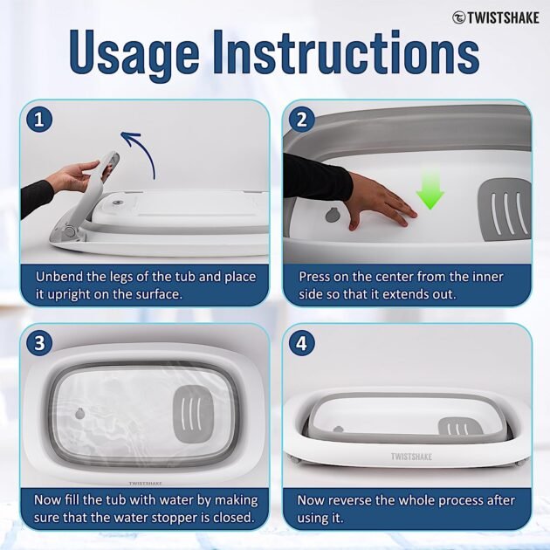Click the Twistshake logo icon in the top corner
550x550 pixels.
tap(458, 17)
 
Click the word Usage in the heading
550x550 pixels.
tap(134, 52)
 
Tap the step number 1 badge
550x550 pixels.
tap(39, 120)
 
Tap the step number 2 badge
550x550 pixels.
tap(302, 120)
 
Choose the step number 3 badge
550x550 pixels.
tap(39, 343)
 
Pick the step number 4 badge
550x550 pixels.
tap(302, 343)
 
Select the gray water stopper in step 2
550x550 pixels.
tap(332, 215)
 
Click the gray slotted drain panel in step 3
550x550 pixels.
tap(193, 414)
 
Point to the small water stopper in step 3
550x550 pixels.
tap(80, 414)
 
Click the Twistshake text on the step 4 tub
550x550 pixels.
tap(411, 457)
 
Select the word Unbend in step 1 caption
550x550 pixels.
tap(59, 277)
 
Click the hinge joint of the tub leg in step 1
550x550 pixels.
tap(70, 231)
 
